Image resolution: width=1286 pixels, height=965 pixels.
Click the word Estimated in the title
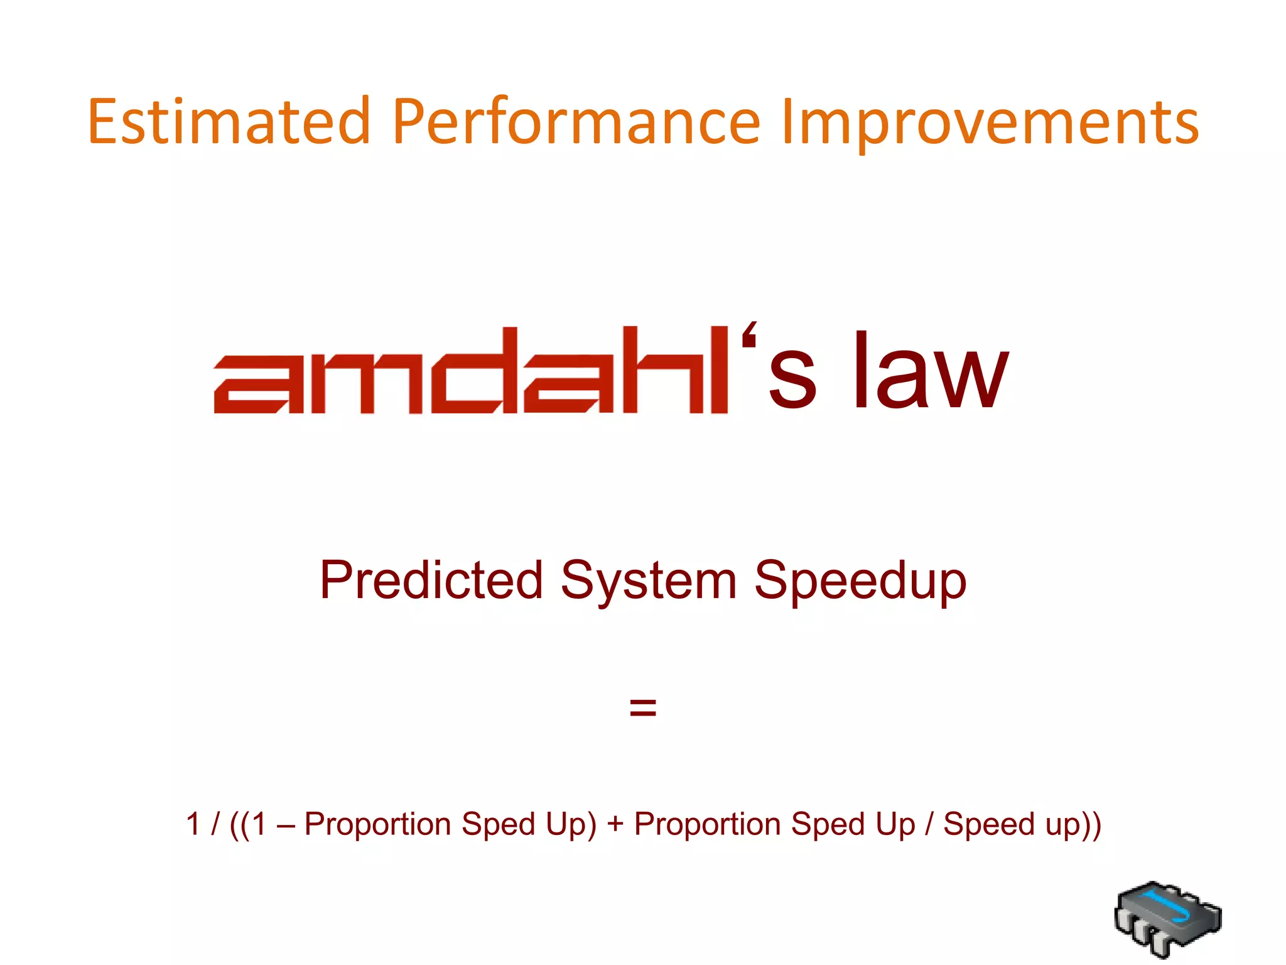[229, 122]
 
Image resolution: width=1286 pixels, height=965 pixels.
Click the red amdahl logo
[471, 371]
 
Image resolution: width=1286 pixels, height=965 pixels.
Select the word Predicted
[431, 581]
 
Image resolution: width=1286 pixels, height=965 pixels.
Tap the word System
[649, 581]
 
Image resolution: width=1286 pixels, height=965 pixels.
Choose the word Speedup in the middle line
[860, 581]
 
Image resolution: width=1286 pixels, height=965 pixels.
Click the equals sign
[642, 708]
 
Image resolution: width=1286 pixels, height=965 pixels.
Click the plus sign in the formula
[615, 825]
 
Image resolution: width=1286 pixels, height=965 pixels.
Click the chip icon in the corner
[1168, 919]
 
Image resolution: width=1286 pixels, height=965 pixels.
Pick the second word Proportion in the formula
[707, 824]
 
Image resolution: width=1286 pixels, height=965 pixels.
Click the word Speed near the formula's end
[989, 824]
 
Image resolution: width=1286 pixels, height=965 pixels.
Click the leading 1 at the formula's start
[193, 824]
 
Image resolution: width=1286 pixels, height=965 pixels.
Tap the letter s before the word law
[792, 380]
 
